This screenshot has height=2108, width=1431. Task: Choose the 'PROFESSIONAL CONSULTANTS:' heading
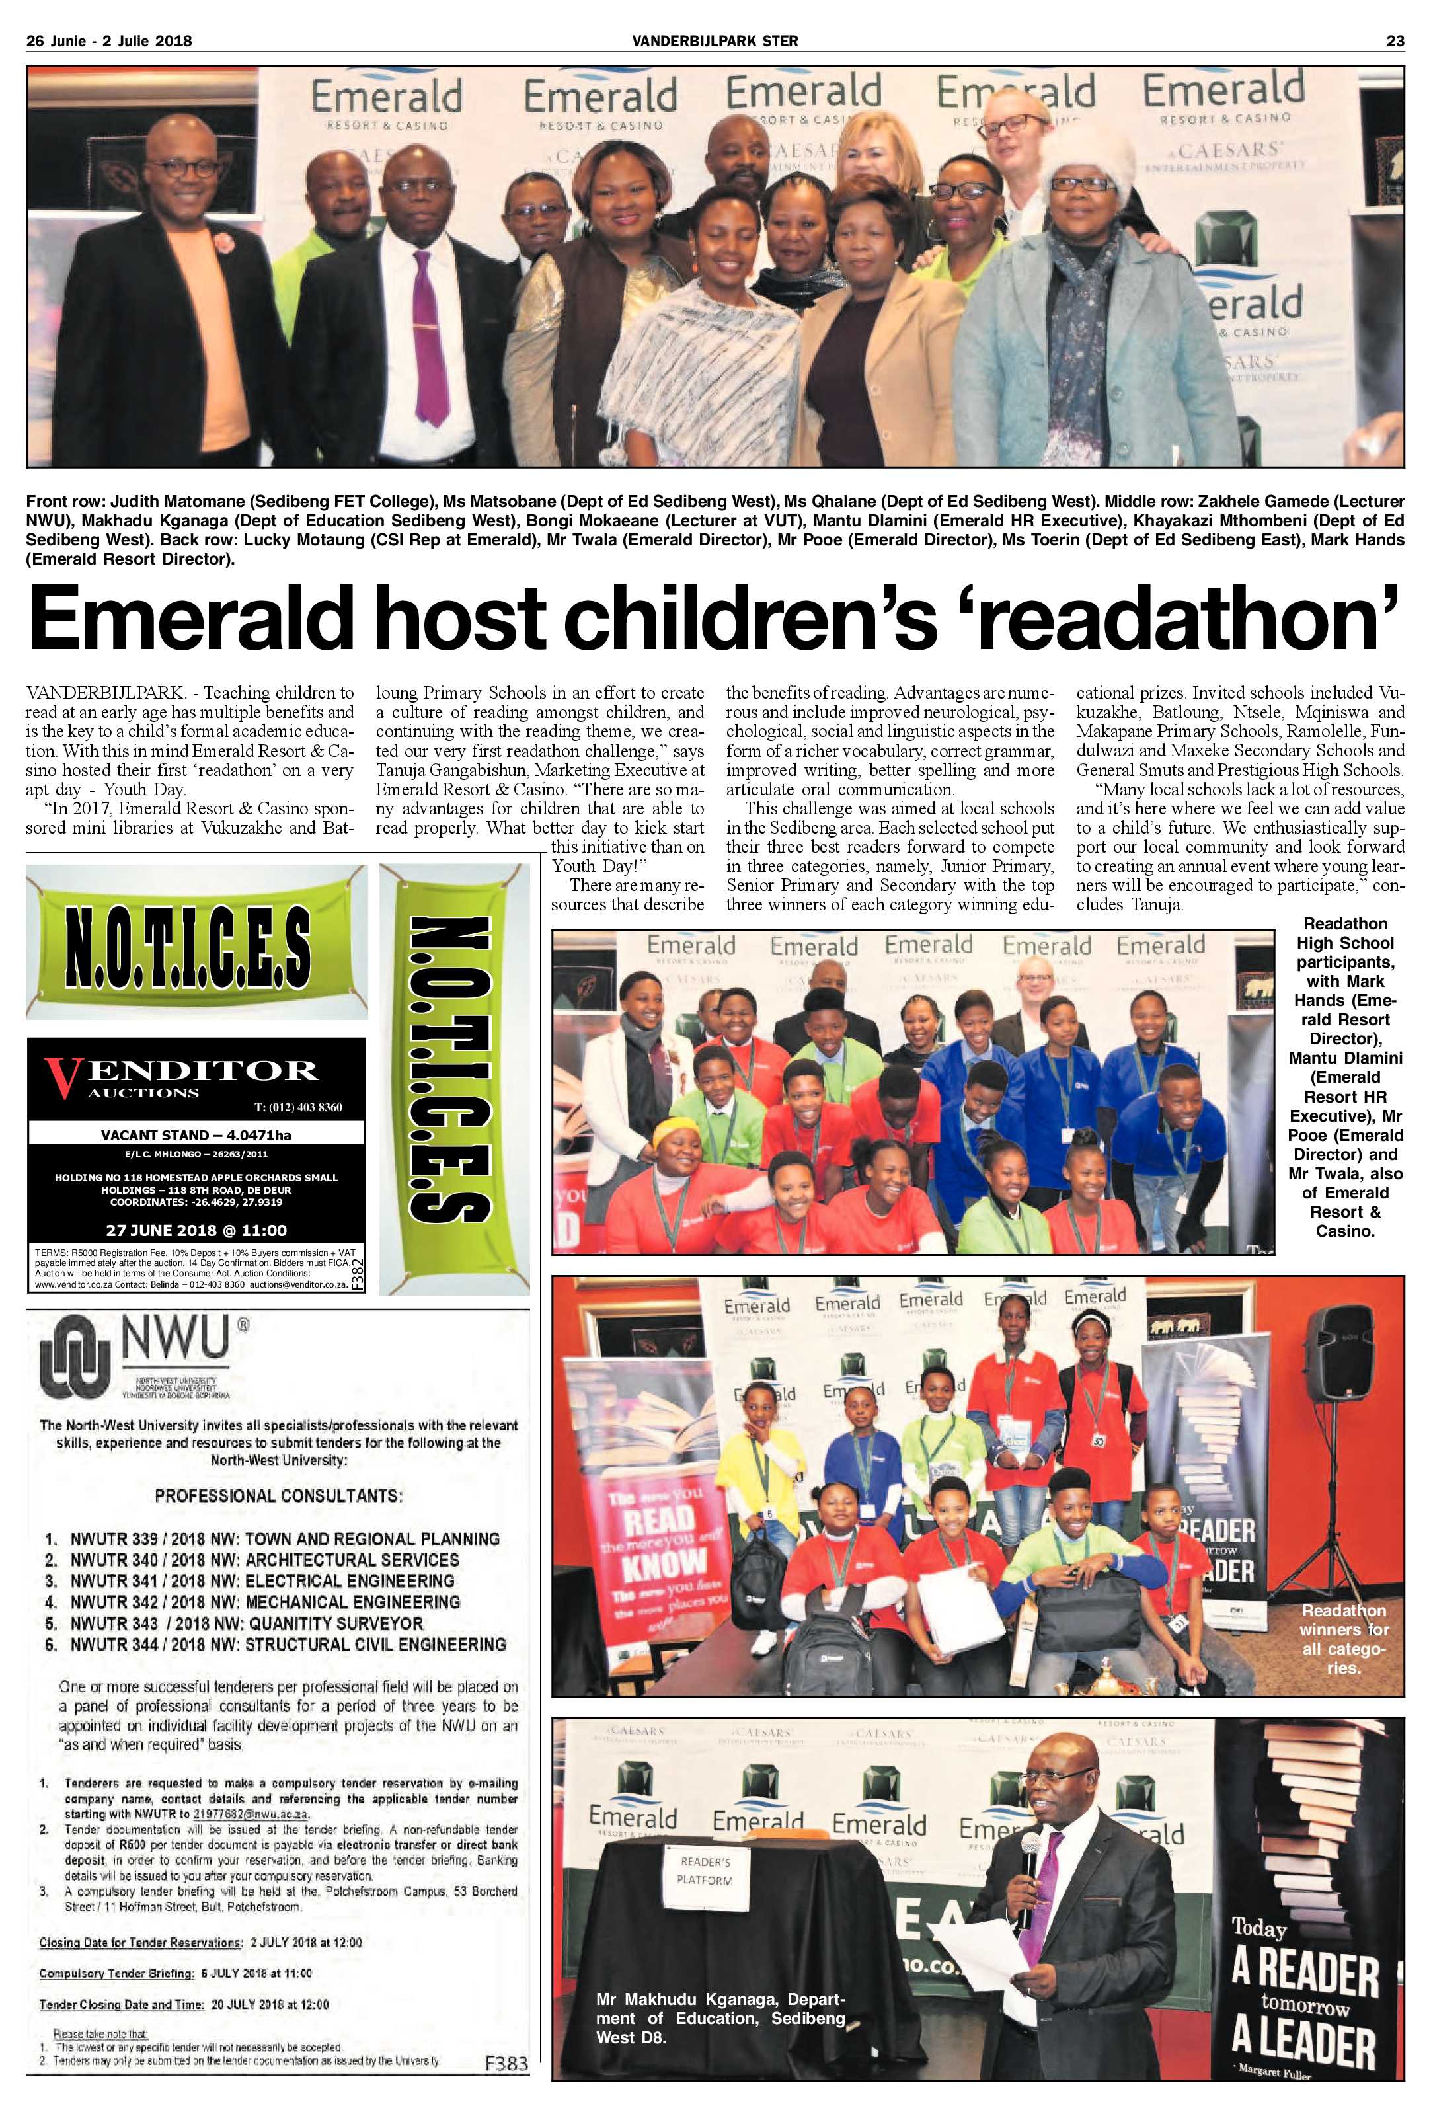(278, 1495)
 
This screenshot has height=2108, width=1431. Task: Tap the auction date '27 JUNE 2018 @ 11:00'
(196, 1231)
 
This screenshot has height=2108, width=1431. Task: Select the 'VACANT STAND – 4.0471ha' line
(196, 1135)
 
